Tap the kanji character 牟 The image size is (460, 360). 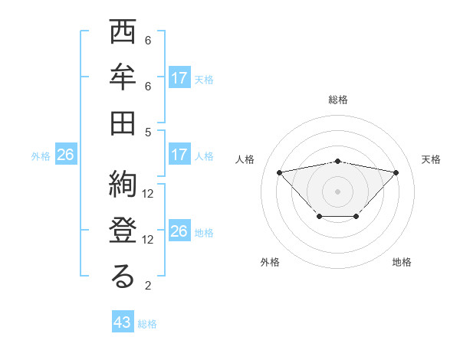coord(123,79)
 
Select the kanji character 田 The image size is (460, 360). coord(123,123)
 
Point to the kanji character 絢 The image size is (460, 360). coord(123,187)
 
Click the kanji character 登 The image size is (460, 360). coord(123,232)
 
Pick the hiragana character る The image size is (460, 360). coord(123,277)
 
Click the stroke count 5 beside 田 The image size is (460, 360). coord(148,132)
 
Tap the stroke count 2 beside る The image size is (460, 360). coord(148,286)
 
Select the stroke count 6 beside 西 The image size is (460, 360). coord(148,41)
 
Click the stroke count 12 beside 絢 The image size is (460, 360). coord(148,194)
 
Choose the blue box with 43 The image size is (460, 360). coord(123,322)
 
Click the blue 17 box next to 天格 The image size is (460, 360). coord(179,78)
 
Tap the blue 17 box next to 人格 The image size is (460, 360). coord(179,155)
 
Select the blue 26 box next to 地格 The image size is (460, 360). coord(179,231)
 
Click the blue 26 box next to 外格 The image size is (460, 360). coord(66,155)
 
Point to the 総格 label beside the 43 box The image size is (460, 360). coord(148,324)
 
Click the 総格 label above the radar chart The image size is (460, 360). coord(337,100)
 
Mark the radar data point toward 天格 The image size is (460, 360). coord(396,172)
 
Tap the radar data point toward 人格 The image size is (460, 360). coord(279,172)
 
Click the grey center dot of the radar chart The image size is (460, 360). coord(337,190)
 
